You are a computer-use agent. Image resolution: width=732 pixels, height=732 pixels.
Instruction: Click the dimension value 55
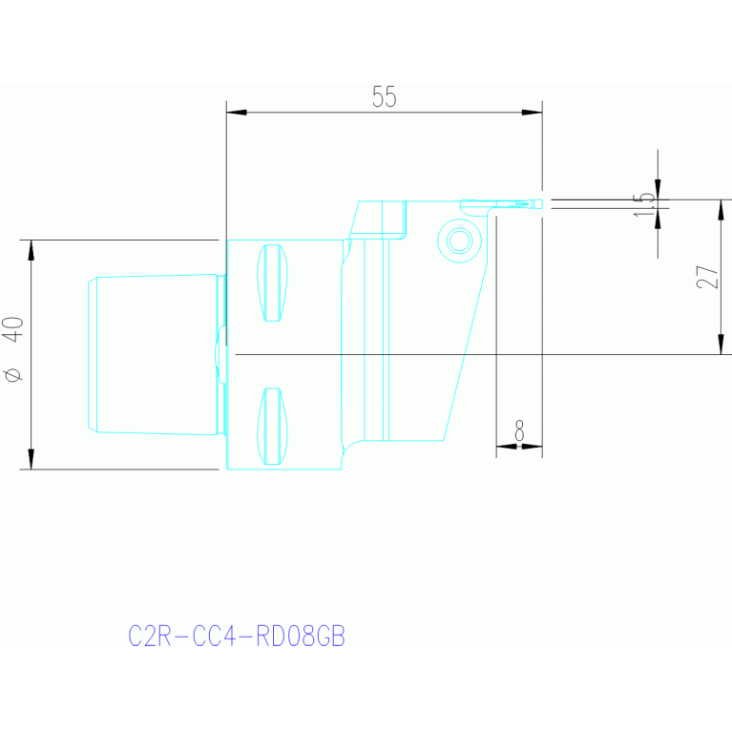coord(384,96)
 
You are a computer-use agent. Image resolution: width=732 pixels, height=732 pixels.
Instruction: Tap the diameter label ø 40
coord(13,348)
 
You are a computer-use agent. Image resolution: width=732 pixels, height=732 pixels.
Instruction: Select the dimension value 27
coord(707,278)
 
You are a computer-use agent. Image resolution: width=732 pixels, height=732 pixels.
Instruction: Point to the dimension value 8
coord(519,430)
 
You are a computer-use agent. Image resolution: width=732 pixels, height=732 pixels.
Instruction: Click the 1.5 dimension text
coord(644,204)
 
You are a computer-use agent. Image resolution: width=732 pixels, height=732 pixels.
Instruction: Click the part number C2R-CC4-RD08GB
coord(237,636)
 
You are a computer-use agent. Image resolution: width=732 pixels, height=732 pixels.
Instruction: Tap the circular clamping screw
coord(459,241)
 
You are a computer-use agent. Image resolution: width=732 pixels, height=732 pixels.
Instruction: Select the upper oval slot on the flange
coord(273,282)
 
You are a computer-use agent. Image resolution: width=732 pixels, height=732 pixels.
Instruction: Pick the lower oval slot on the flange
coord(273,427)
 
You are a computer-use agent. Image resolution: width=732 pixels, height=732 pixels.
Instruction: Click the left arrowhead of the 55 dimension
coord(237,112)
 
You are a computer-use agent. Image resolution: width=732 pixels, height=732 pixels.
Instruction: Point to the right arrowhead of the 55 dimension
coord(533,112)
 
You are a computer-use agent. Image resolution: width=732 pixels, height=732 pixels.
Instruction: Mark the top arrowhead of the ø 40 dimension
coord(31,250)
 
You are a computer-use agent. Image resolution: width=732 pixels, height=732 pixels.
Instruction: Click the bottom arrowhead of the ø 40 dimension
coord(31,459)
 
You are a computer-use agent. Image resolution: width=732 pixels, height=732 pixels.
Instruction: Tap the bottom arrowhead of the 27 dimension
coord(722,345)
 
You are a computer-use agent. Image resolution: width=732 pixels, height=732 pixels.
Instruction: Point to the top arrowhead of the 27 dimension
coord(722,210)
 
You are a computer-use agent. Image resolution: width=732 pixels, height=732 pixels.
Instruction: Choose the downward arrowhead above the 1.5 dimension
coord(658,190)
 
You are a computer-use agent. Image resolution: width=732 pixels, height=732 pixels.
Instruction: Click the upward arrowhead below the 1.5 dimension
coord(658,219)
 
